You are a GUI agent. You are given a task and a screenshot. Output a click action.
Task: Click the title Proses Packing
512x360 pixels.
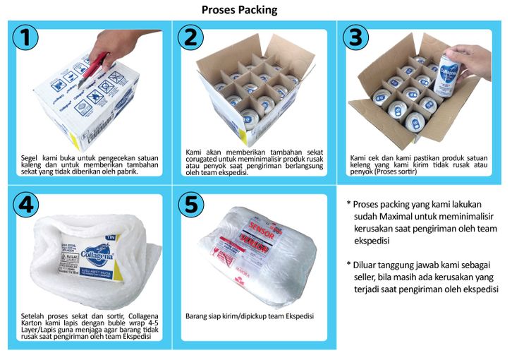239,10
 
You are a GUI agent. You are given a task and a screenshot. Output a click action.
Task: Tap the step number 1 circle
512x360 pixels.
25,37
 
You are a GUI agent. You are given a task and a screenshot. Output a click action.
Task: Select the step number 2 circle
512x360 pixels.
190,37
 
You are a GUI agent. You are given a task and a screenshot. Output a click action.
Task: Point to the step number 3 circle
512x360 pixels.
355,37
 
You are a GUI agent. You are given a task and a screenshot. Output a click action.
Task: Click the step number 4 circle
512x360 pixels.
26,205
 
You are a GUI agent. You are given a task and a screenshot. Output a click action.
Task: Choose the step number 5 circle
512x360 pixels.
191,205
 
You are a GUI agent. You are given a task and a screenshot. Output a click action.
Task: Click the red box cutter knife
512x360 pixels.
93,69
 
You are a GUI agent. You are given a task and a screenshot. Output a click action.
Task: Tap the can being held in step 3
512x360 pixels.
445,76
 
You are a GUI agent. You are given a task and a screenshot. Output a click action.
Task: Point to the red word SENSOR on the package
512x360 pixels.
262,230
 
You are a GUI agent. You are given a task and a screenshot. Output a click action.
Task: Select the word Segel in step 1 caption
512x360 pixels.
29,158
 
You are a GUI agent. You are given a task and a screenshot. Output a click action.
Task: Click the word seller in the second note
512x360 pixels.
364,277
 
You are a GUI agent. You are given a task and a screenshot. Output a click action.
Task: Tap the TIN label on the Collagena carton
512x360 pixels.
110,237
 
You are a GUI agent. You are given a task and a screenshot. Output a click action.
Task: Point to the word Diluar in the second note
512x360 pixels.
363,265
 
